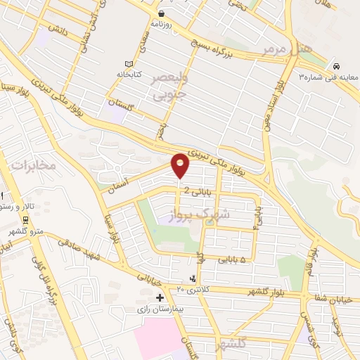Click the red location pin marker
[181, 165]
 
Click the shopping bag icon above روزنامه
[162, 13]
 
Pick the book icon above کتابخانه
[128, 63]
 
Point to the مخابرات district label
[32, 165]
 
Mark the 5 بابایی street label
[233, 260]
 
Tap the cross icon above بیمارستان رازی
[160, 298]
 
